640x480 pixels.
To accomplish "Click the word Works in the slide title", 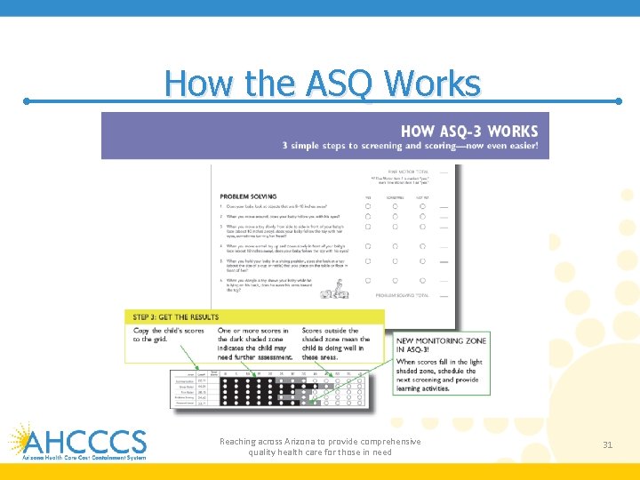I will (432, 84).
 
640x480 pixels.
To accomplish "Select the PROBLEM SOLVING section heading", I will (248, 196).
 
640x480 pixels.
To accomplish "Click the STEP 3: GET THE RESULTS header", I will (176, 317).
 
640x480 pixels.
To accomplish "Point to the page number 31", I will (608, 444).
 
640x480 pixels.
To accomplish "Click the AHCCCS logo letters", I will (85, 441).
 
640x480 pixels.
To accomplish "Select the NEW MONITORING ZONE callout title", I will (441, 346).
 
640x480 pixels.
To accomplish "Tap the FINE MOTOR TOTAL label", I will (404, 172).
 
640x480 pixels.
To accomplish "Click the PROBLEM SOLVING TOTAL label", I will (402, 294).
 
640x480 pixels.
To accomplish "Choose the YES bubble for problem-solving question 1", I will (368, 206).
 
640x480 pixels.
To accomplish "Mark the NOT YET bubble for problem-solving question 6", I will (422, 280).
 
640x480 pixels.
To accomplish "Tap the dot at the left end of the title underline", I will (27, 101).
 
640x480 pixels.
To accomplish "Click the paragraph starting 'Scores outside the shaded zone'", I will (336, 344).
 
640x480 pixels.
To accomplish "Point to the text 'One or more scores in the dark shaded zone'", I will (254, 344).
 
